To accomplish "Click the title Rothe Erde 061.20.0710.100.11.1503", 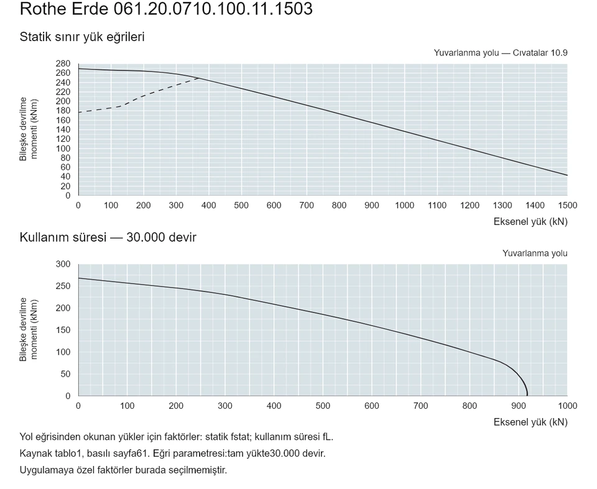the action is point(166,9).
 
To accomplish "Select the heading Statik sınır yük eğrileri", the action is point(82,37).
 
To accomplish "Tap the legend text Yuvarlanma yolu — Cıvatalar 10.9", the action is point(500,53).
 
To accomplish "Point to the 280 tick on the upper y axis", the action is point(63,63).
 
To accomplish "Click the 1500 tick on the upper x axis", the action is point(567,206).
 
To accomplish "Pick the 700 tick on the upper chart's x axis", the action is point(307,206).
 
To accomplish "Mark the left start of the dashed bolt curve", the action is point(79,112).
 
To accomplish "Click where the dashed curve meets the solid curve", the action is point(199,78).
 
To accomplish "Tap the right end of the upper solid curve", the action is point(567,175).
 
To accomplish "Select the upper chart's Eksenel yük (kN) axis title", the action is point(530,221).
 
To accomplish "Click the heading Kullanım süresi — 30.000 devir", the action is point(108,237).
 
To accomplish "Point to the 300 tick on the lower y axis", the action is point(63,264).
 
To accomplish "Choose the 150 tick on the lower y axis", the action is point(63,330).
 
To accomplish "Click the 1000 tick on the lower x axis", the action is point(567,406).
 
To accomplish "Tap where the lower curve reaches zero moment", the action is point(527,396).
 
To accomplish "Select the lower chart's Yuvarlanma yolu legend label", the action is point(535,254).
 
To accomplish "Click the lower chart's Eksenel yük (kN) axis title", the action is point(530,422).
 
